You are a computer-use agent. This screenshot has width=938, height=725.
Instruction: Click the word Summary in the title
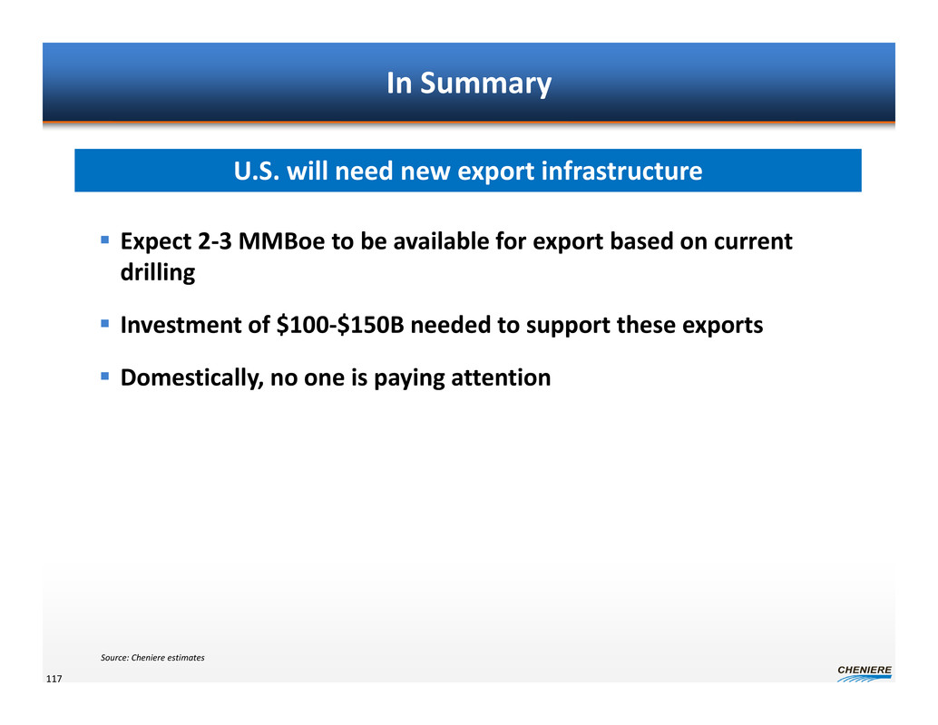(x=485, y=83)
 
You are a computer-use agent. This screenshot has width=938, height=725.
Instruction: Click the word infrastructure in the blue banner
(x=621, y=171)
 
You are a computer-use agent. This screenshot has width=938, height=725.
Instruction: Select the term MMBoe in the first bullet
(x=281, y=241)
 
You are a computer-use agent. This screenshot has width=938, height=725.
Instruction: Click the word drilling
(x=158, y=273)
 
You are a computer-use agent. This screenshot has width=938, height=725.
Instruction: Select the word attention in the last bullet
(x=501, y=377)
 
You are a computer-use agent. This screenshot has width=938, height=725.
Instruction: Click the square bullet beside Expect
(x=105, y=240)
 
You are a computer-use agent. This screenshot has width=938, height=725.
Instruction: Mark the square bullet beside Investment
(x=105, y=324)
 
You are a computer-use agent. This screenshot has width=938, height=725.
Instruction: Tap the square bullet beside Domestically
(x=105, y=377)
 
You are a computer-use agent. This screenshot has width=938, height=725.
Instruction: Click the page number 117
(x=54, y=679)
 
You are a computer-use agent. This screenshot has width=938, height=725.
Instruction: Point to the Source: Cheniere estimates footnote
(x=152, y=658)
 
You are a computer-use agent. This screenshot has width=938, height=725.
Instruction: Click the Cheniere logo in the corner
(x=865, y=673)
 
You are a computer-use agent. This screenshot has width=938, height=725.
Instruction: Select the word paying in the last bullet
(x=409, y=378)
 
